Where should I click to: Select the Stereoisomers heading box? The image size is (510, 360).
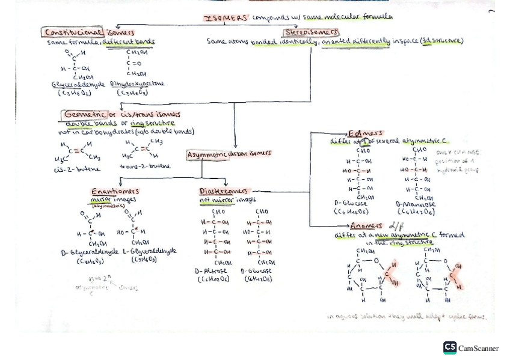click(x=312, y=32)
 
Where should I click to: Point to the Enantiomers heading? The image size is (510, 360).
click(x=115, y=191)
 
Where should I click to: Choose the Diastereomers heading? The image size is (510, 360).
click(x=223, y=191)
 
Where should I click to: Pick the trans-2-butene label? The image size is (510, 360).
click(x=145, y=166)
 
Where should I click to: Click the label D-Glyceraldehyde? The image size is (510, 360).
click(x=91, y=252)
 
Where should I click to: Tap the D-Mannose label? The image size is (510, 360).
click(x=416, y=204)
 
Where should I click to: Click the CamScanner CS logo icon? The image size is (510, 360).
click(x=449, y=347)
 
